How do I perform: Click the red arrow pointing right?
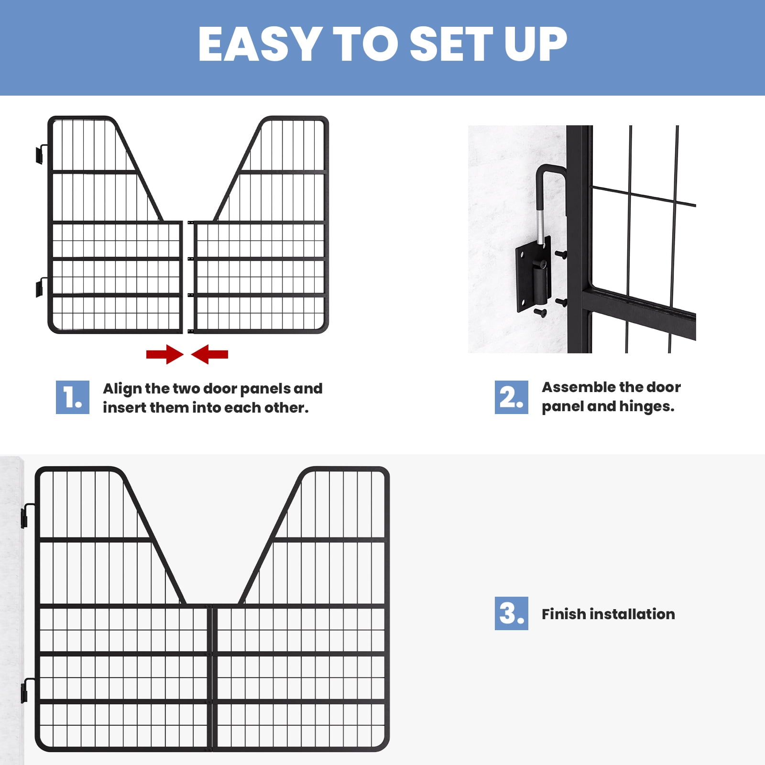165,354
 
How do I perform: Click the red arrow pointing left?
209,354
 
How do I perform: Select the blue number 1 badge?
73,397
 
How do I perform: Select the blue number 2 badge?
512,397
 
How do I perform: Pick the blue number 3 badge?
512,613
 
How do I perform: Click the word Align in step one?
122,389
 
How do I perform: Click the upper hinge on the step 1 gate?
41,154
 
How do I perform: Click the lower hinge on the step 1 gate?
41,287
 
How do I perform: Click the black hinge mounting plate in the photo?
533,279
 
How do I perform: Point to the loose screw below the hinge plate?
541,313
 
